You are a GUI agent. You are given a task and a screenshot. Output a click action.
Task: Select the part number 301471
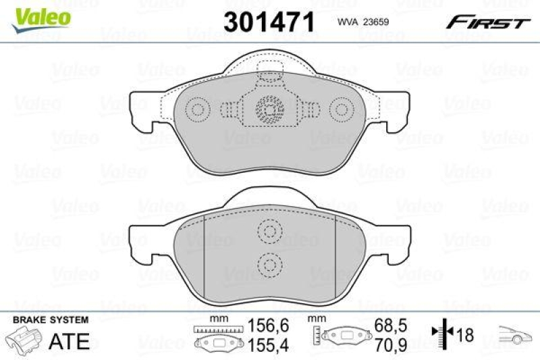click(x=269, y=22)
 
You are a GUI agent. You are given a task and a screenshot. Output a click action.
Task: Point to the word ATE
click(x=70, y=341)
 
